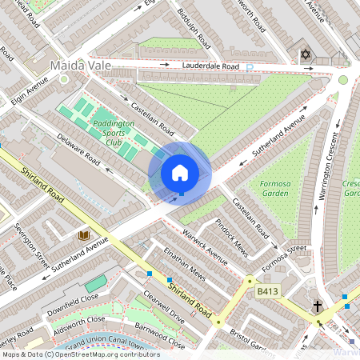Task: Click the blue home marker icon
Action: (x=180, y=173)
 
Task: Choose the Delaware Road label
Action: (x=78, y=150)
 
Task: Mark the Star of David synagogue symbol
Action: (x=303, y=54)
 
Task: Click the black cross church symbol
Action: (x=317, y=306)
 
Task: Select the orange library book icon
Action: (x=83, y=235)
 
